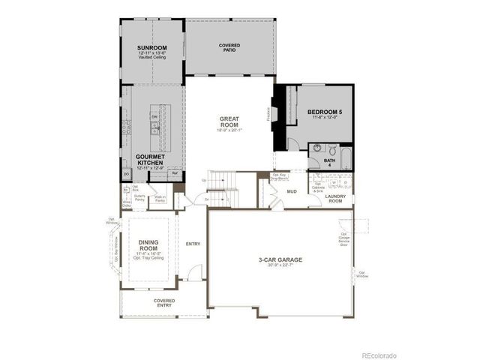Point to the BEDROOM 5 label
tap(324, 113)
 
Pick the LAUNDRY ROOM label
tap(335, 199)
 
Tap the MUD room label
tap(292, 192)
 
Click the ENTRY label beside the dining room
tap(193, 244)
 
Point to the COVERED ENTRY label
tap(164, 302)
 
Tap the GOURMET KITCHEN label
tap(151, 160)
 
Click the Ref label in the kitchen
tap(174, 174)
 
